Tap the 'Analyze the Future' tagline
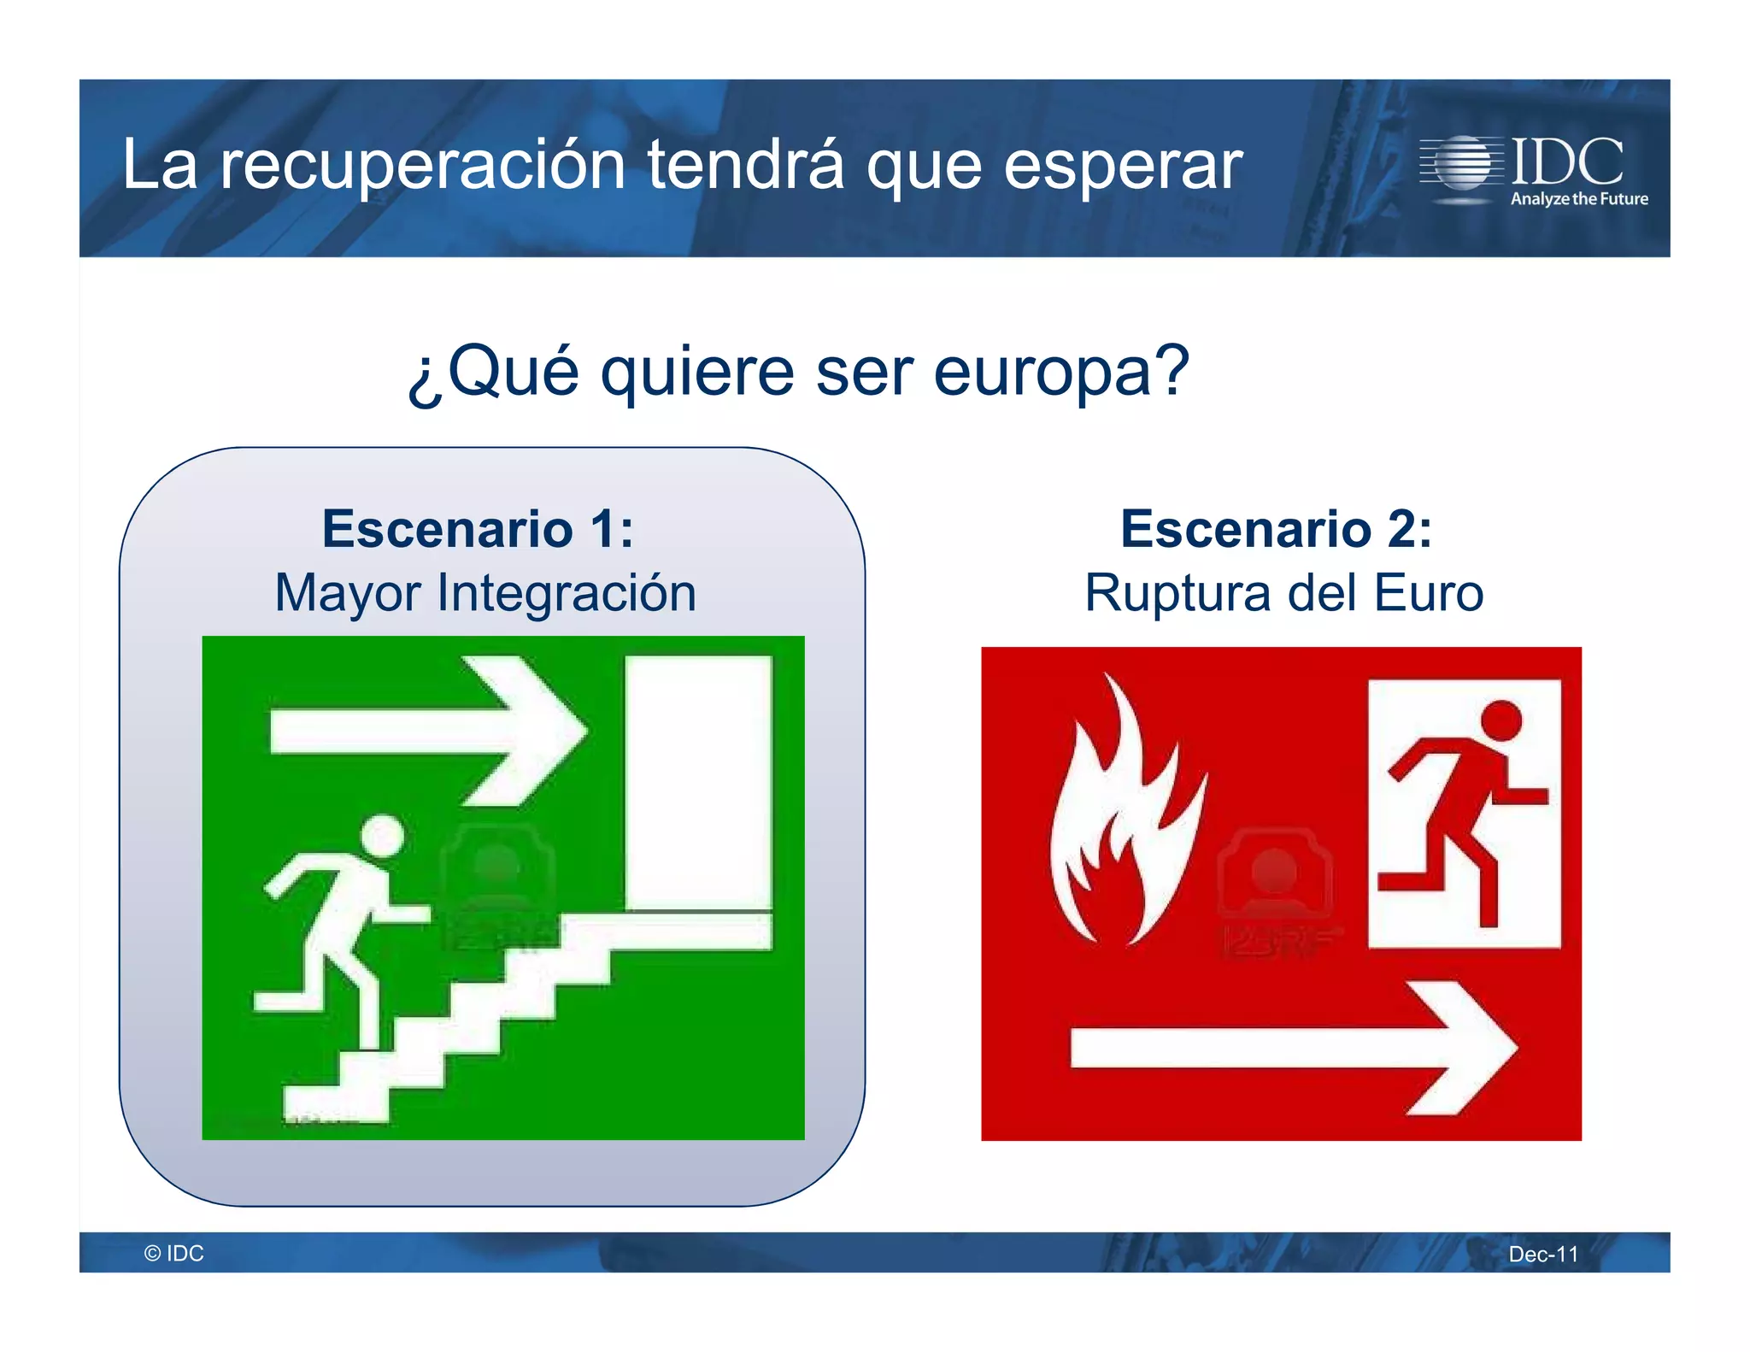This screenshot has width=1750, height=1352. pos(1578,199)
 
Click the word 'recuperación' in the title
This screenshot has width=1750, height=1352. pos(422,166)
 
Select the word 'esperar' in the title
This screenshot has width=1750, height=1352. pos(1122,166)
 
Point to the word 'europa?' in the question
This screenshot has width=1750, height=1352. pos(1060,373)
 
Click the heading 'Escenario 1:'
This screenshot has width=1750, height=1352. pos(478,529)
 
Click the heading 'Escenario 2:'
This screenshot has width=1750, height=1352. pos(1276,529)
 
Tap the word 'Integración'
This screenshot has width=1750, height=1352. pos(567,593)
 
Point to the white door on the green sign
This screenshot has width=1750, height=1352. pos(698,782)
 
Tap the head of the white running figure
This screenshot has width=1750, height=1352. pos(381,836)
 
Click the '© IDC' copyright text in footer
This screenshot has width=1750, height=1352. pos(174,1254)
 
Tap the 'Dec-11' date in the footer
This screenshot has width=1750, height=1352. pos(1543,1255)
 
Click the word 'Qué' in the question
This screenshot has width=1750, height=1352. pos(513,373)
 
